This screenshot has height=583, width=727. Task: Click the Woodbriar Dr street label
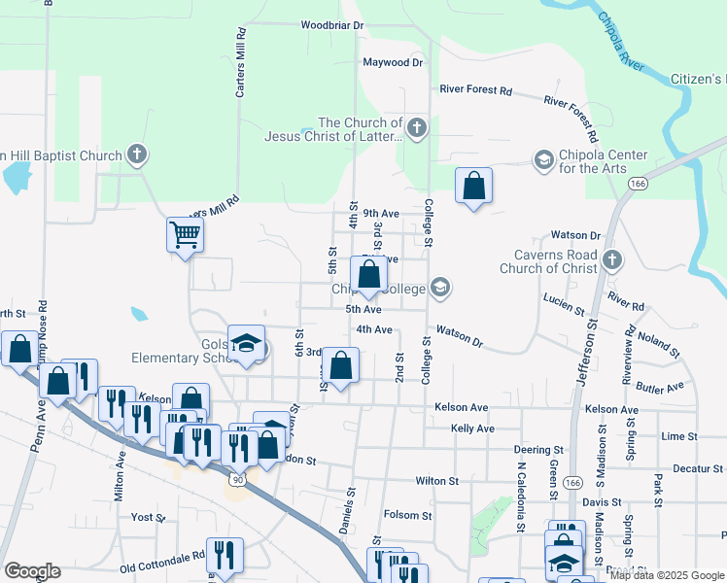pyautogui.click(x=331, y=24)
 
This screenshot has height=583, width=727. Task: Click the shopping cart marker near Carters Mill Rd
pyautogui.click(x=185, y=233)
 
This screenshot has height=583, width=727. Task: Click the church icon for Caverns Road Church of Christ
pyautogui.click(x=611, y=259)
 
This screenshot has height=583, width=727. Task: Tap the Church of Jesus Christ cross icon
pyautogui.click(x=416, y=128)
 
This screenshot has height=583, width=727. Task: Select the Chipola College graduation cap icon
pyautogui.click(x=440, y=287)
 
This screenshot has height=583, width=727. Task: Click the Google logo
pyautogui.click(x=32, y=571)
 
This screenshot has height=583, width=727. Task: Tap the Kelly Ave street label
pyautogui.click(x=472, y=429)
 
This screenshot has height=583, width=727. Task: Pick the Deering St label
pyautogui.click(x=539, y=451)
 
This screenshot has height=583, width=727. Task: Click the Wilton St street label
pyautogui.click(x=436, y=481)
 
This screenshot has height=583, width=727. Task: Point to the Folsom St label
pyautogui.click(x=407, y=515)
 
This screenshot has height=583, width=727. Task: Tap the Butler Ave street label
pyautogui.click(x=661, y=389)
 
